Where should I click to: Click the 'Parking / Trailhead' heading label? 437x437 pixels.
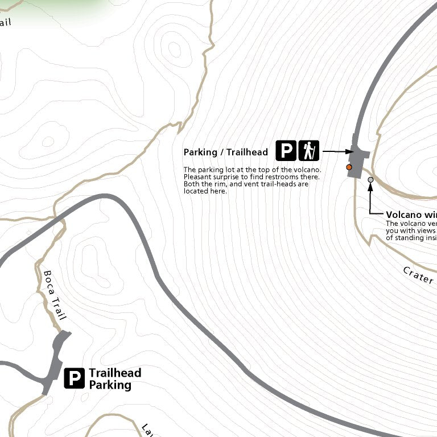225,152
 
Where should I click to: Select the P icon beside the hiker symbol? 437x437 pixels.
286,150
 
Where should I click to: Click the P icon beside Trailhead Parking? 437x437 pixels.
74,378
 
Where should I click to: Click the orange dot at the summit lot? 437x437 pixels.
349,167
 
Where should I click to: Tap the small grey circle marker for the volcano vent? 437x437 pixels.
370,180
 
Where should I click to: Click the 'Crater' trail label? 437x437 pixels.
418,277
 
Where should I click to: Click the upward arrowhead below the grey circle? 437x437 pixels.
370,188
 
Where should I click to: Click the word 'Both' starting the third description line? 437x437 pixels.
191,184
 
